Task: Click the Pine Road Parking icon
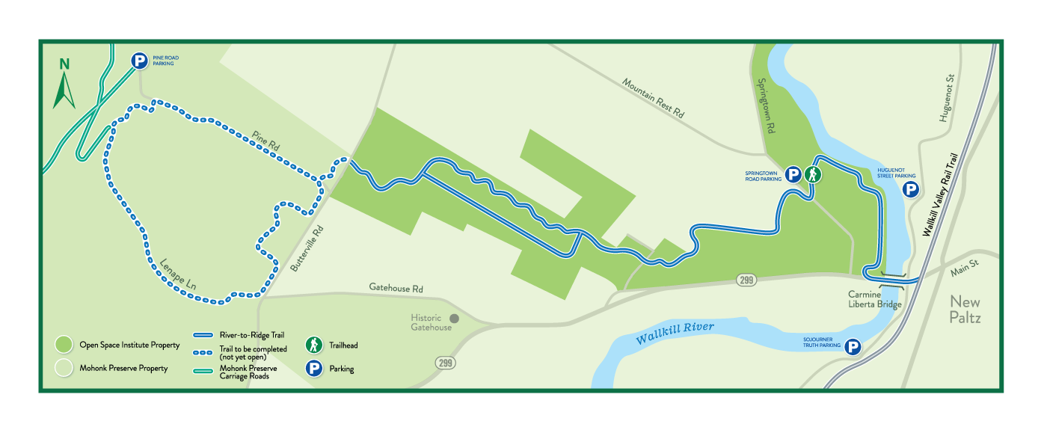[139, 61]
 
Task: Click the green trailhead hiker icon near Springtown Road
[813, 175]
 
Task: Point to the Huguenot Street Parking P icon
[910, 189]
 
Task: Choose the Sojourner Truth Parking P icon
[852, 346]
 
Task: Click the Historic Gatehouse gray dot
[453, 318]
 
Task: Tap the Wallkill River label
[675, 332]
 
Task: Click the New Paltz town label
[965, 310]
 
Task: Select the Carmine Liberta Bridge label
[874, 299]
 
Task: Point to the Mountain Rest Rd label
[653, 97]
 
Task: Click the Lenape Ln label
[178, 274]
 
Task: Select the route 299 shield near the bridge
[746, 280]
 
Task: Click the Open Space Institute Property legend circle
[64, 345]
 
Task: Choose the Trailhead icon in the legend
[314, 345]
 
